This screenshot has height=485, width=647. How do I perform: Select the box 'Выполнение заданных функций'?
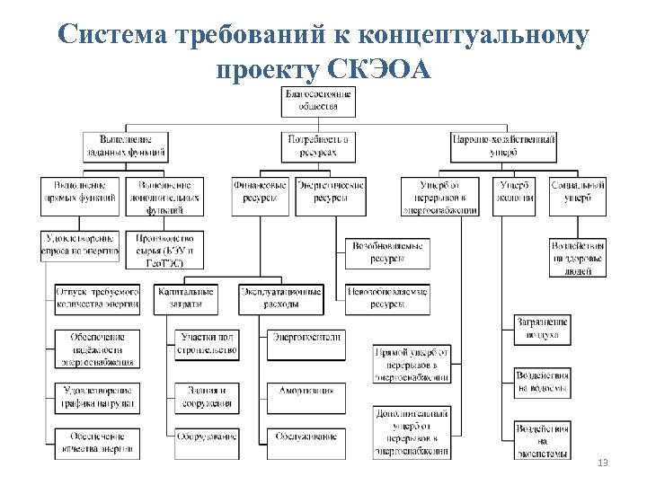click(x=126, y=145)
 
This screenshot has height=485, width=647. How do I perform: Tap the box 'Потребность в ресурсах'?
click(x=318, y=145)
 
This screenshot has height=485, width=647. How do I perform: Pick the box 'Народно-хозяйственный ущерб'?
click(x=503, y=145)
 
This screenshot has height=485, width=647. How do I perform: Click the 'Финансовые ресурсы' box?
click(x=260, y=196)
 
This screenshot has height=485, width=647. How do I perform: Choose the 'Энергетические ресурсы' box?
click(x=331, y=196)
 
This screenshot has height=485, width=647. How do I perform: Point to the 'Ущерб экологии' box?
click(x=516, y=196)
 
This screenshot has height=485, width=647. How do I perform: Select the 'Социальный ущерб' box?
click(x=578, y=196)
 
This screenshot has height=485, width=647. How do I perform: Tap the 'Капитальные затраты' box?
click(x=185, y=299)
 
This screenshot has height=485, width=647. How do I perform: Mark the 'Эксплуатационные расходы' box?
click(x=280, y=299)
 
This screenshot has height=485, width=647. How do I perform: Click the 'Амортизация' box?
click(x=305, y=392)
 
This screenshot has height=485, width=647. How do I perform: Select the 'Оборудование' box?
click(x=207, y=436)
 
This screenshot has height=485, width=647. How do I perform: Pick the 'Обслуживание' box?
click(x=305, y=436)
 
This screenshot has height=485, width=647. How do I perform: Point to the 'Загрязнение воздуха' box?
click(x=542, y=329)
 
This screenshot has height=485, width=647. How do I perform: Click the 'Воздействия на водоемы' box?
click(x=542, y=383)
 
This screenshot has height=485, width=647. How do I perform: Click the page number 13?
click(x=602, y=463)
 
